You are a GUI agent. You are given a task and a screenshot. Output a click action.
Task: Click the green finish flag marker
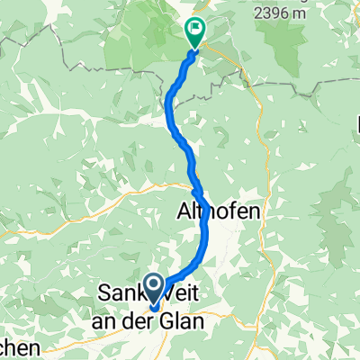coord(194,31)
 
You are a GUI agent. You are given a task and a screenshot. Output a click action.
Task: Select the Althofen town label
coord(228,212)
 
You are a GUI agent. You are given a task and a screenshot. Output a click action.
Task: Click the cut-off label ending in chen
coord(20,347)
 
